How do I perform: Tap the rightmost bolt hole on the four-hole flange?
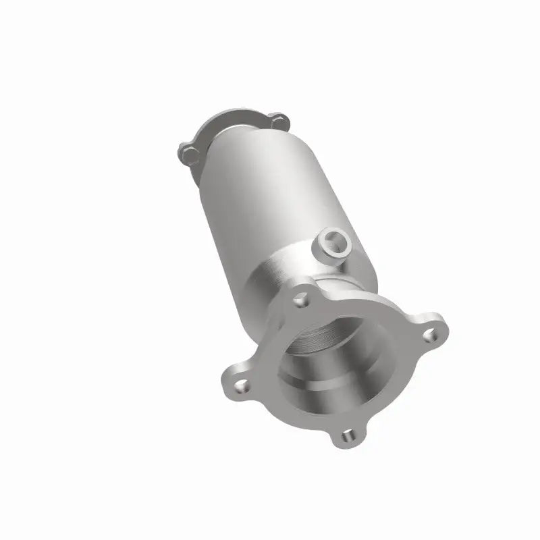click(429, 334)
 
